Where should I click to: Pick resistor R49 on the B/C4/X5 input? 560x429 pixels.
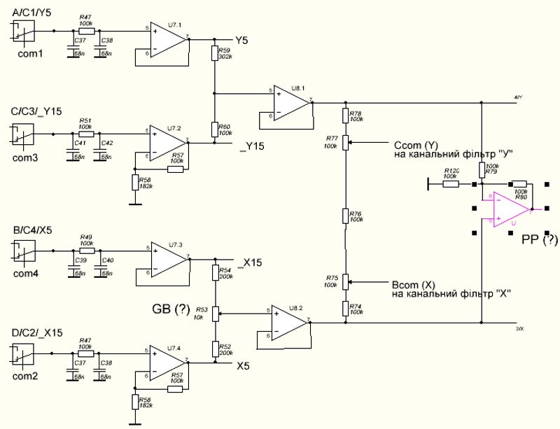(x=86, y=250)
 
